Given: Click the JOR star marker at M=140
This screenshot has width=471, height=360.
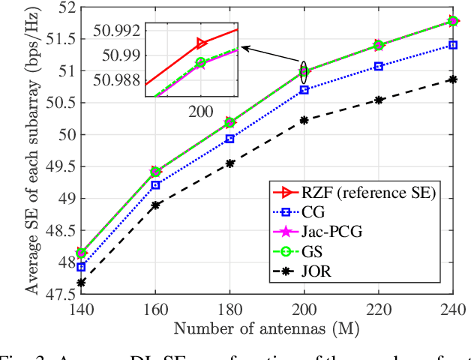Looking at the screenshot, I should [x=81, y=283].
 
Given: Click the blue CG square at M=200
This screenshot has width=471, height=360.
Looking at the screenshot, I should [x=304, y=90].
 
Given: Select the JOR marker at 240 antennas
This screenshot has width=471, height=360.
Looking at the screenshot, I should [x=452, y=79].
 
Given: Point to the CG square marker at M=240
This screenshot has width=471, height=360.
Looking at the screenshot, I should [x=452, y=45].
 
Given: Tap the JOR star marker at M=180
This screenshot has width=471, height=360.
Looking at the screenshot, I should [x=229, y=163].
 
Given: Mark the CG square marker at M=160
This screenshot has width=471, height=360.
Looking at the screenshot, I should [x=155, y=184].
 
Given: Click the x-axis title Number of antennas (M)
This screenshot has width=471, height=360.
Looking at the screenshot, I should [x=266, y=327].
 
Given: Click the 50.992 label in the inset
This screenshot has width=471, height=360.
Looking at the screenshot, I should [x=118, y=31].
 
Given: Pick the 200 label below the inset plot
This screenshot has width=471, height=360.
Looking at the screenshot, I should [x=200, y=111].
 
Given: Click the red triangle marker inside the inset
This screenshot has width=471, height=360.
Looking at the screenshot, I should [x=201, y=43].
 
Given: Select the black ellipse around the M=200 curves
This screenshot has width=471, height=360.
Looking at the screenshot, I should [x=304, y=72].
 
